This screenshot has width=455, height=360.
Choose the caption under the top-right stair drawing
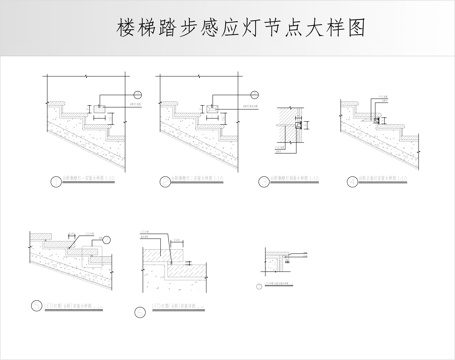coord(384,182)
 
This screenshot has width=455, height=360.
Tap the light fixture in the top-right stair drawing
coord(378,119)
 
